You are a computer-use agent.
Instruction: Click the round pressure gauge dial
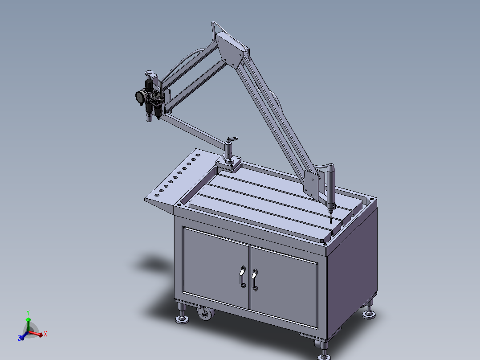coord(141,97)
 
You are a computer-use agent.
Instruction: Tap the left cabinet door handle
coord(242,277)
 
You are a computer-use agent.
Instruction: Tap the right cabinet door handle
coord(255,280)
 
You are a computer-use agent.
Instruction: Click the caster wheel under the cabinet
coord(205,314)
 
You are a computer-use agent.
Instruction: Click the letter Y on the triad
coord(28,313)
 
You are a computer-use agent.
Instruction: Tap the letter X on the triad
coord(45,334)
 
